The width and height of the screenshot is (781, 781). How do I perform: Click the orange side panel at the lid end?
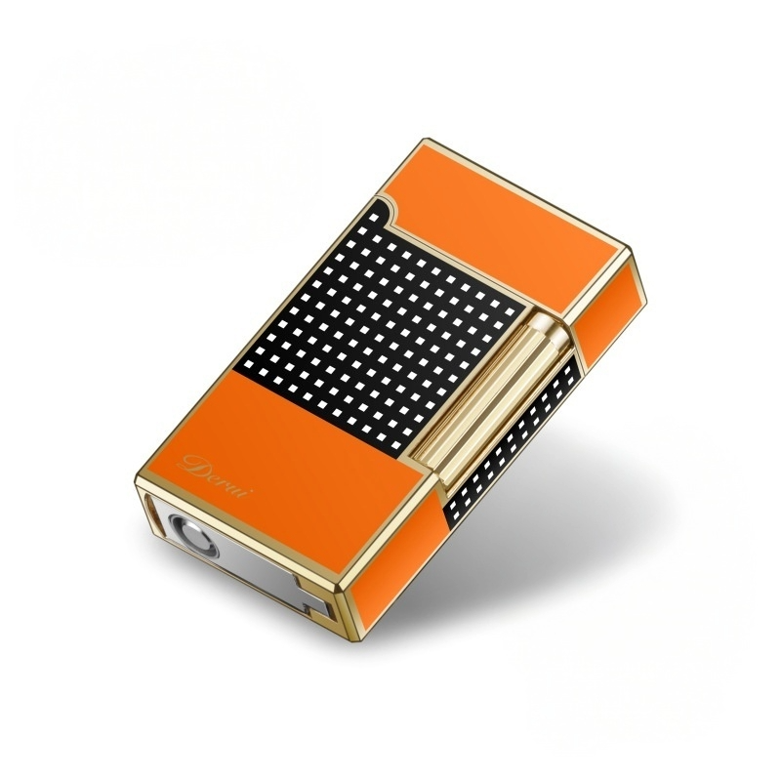tap(616, 304)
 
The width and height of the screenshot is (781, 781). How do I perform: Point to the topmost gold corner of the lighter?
tap(426, 141)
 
